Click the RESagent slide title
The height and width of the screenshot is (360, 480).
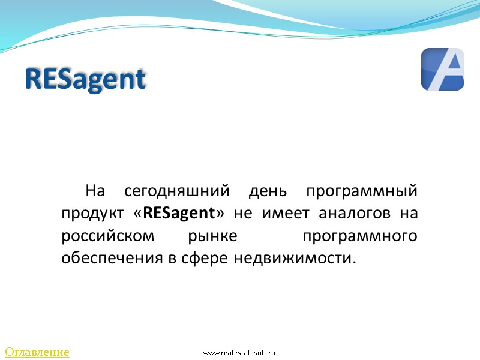click(x=86, y=80)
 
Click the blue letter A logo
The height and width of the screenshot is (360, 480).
click(x=443, y=70)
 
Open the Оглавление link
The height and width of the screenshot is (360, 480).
click(x=37, y=352)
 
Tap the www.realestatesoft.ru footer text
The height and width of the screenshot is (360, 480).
click(x=239, y=353)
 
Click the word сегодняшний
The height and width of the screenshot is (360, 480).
click(x=177, y=192)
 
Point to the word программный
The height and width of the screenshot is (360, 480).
click(x=361, y=192)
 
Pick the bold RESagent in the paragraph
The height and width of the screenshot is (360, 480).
click(x=179, y=214)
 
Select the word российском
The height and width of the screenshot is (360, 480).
click(x=108, y=236)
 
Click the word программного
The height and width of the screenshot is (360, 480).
click(x=360, y=236)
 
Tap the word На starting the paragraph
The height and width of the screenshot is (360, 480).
click(x=95, y=192)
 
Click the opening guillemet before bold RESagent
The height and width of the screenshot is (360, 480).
click(x=139, y=214)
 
